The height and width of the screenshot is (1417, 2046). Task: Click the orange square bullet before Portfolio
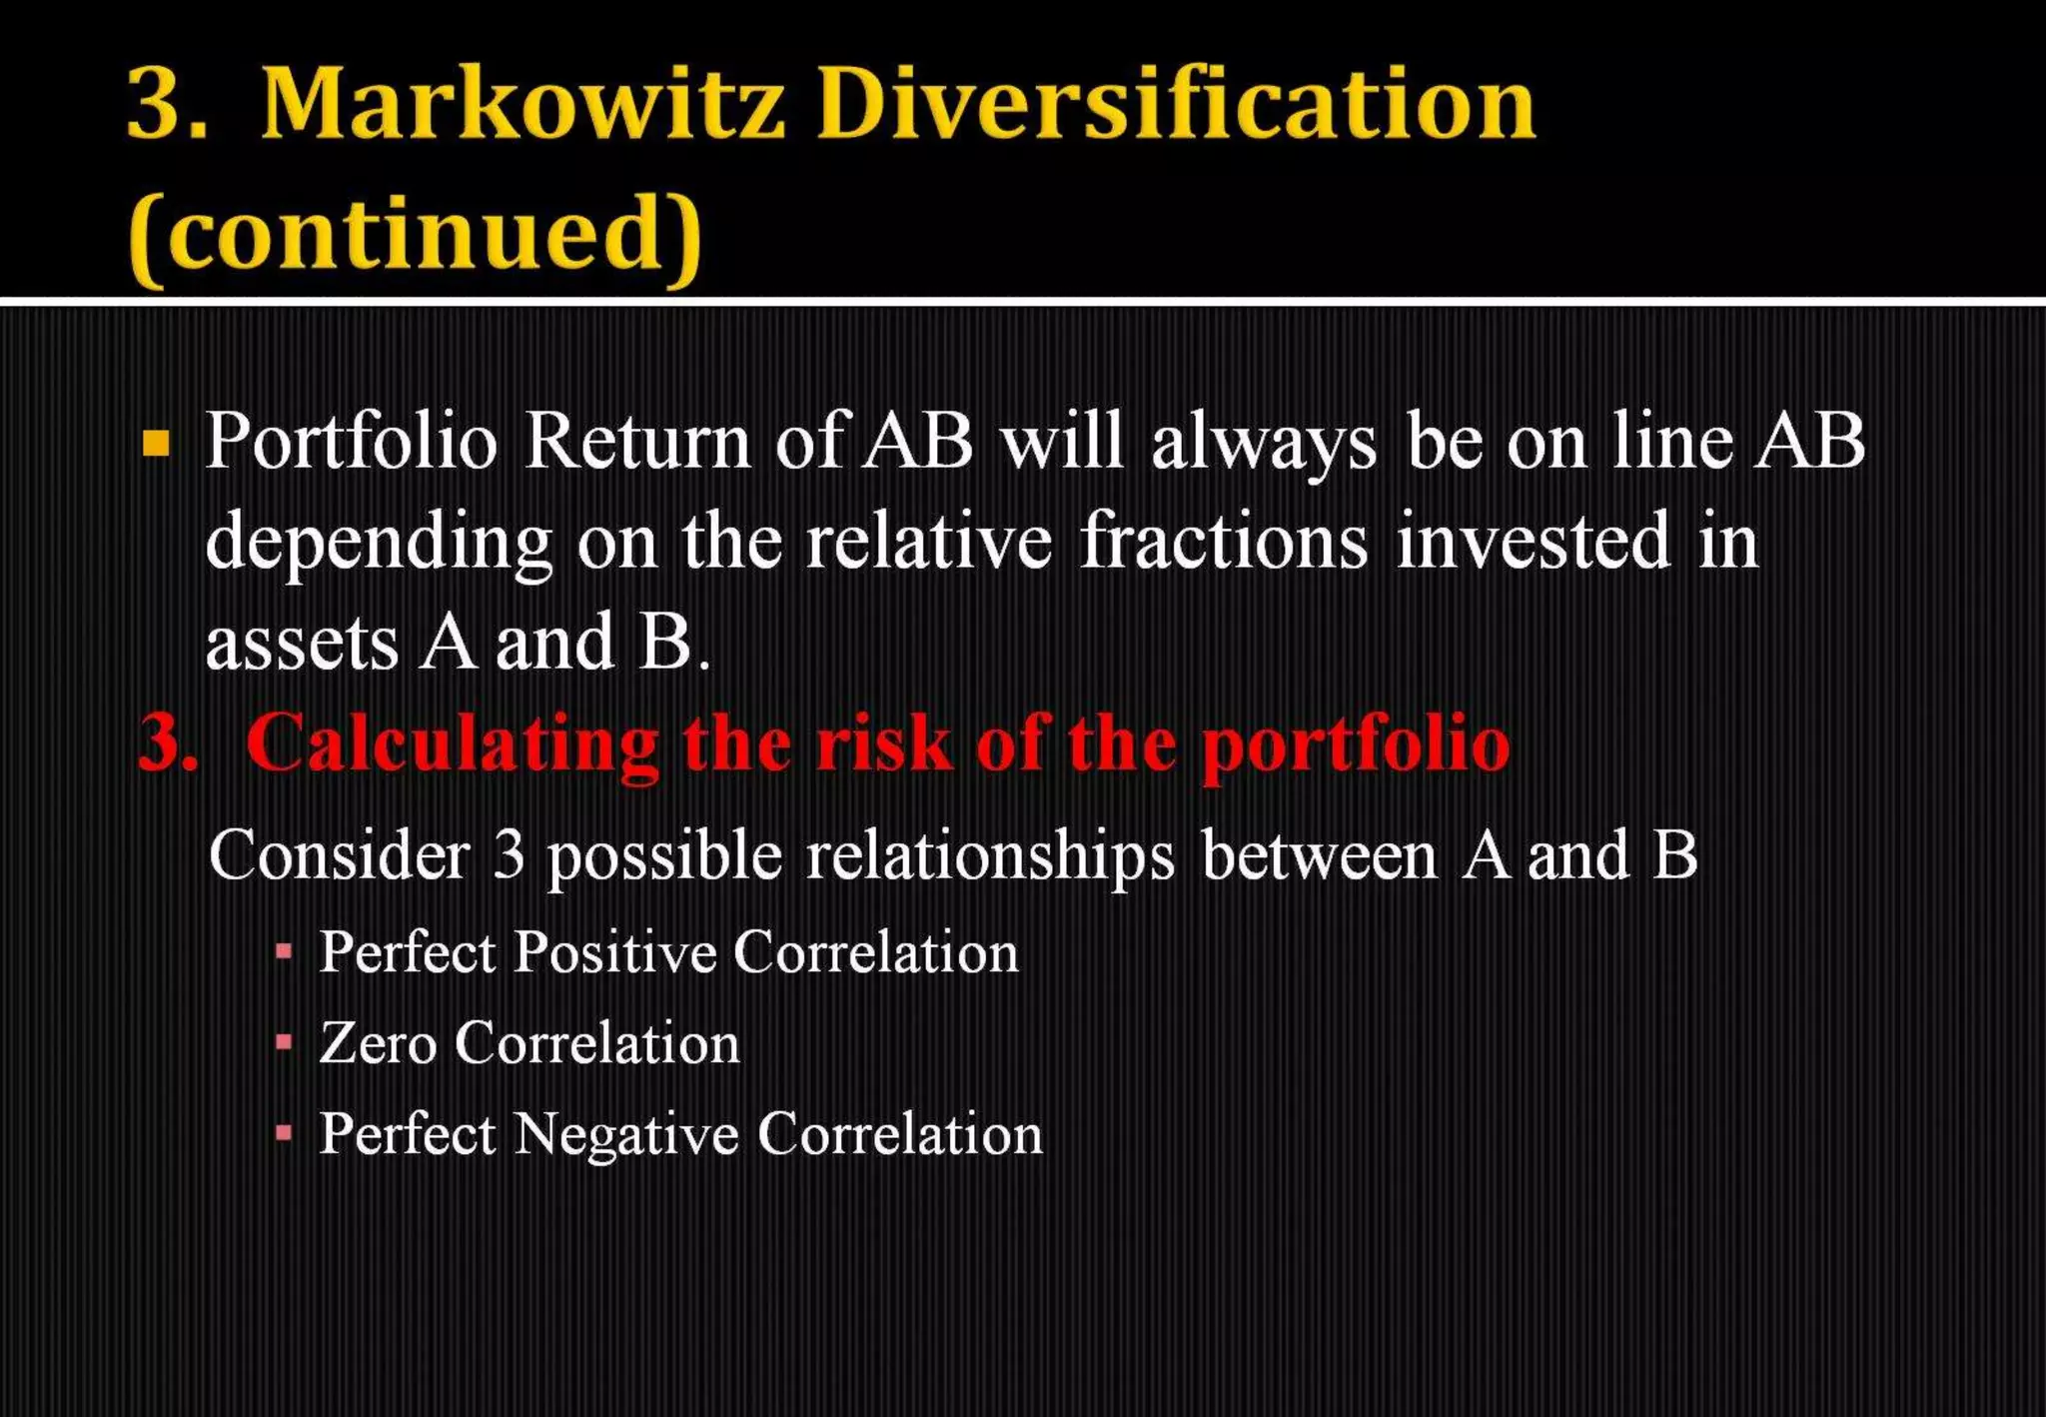(x=156, y=443)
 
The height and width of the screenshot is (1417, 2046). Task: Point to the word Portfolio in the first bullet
(x=351, y=441)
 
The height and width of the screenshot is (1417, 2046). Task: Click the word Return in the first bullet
(x=637, y=441)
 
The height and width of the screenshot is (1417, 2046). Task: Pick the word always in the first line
(x=1264, y=443)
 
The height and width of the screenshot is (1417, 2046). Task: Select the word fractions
(x=1223, y=541)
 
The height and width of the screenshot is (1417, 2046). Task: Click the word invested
(x=1533, y=541)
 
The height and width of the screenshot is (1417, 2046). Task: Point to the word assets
(x=302, y=643)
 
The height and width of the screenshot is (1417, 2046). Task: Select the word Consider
(x=339, y=855)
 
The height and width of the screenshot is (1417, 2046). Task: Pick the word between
(x=1319, y=855)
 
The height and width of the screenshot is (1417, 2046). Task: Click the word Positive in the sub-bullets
(x=615, y=951)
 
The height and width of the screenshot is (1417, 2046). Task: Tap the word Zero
(x=378, y=1043)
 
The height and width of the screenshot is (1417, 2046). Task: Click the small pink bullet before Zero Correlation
(x=285, y=1043)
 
